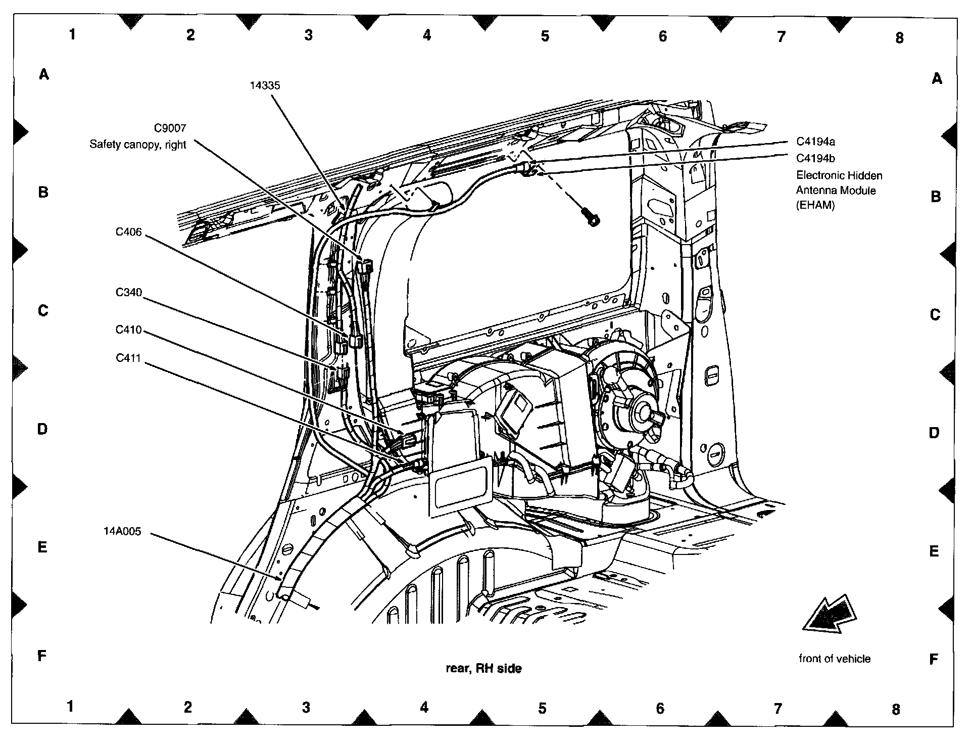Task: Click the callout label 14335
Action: click(265, 85)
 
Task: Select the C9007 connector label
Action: click(170, 129)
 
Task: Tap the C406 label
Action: click(129, 232)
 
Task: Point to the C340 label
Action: click(129, 293)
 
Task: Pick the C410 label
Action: click(129, 330)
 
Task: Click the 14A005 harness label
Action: click(122, 531)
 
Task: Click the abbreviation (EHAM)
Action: click(815, 206)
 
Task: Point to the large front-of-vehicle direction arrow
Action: click(830, 615)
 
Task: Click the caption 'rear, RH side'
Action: click(483, 669)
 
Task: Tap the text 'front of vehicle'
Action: click(835, 659)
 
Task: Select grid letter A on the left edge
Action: click(44, 75)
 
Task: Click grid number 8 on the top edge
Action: click(899, 38)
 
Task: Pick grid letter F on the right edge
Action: click(934, 659)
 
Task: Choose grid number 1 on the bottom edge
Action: click(70, 706)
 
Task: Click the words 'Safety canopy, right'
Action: click(138, 145)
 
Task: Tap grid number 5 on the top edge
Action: click(545, 36)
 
